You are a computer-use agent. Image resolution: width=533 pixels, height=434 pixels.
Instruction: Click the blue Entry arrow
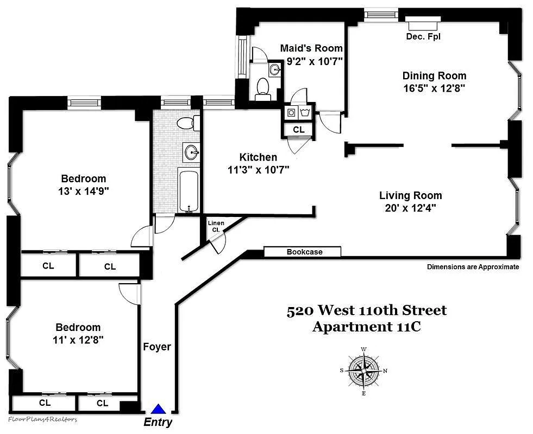pyautogui.click(x=158, y=410)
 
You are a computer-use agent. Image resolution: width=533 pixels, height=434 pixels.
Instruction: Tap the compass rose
pyautogui.click(x=363, y=371)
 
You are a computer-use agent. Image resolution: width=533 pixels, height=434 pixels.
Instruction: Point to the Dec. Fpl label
pyautogui.click(x=423, y=37)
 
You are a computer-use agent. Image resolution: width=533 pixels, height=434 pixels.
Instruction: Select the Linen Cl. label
pyautogui.click(x=216, y=226)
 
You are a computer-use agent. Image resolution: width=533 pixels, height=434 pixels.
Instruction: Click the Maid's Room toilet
pyautogui.click(x=263, y=88)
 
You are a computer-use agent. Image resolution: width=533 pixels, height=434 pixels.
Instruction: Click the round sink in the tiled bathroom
pyautogui.click(x=191, y=152)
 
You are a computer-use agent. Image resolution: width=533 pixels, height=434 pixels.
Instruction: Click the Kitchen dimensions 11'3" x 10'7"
pyautogui.click(x=258, y=170)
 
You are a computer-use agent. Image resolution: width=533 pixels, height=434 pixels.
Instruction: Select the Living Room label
pyautogui.click(x=410, y=195)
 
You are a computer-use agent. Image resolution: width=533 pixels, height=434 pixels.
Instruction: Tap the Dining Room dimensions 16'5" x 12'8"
pyautogui.click(x=434, y=87)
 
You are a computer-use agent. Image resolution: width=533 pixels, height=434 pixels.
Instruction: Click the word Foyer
pyautogui.click(x=157, y=347)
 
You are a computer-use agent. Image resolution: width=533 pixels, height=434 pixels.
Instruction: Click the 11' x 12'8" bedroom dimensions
pyautogui.click(x=79, y=340)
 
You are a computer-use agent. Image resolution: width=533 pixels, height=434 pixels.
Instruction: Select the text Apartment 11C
pyautogui.click(x=367, y=327)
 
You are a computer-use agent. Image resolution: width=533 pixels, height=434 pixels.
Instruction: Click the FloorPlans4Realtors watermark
pyautogui.click(x=43, y=419)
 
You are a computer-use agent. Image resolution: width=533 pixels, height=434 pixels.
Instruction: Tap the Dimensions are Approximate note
pyautogui.click(x=473, y=267)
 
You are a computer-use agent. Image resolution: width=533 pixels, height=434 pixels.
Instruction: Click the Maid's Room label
pyautogui.click(x=311, y=48)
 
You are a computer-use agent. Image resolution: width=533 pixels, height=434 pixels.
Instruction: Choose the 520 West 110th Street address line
pyautogui.click(x=367, y=310)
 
